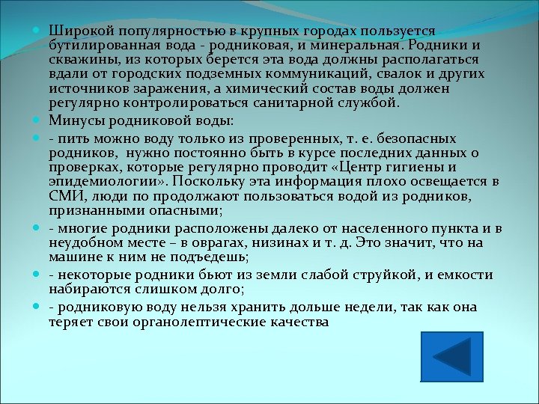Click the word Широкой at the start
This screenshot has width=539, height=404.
click(74, 31)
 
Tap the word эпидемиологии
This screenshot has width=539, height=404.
click(97, 182)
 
